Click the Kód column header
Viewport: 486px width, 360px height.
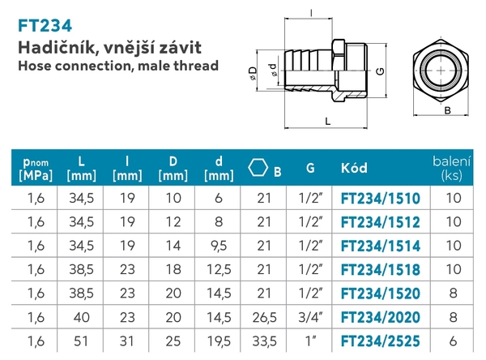(x=354, y=169)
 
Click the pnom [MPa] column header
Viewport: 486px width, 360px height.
(x=34, y=168)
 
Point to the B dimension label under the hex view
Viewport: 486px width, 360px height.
(x=447, y=108)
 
